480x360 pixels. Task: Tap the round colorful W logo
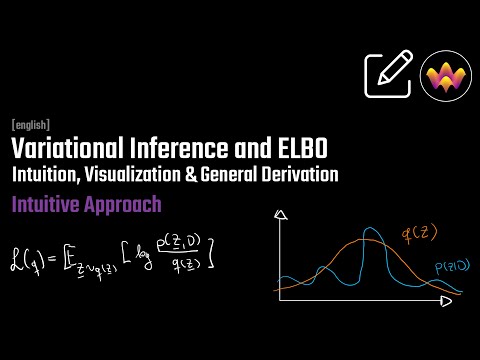[x=446, y=77]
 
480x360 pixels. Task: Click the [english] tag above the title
[x=31, y=125]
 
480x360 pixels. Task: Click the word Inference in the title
[x=175, y=150]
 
